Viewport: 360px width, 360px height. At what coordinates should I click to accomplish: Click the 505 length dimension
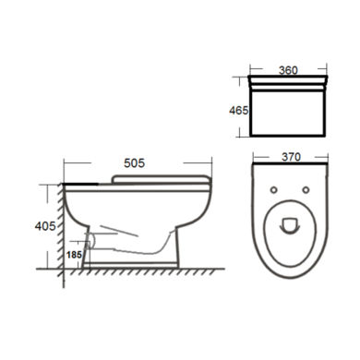click(134, 163)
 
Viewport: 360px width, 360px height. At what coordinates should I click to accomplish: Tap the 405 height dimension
click(45, 226)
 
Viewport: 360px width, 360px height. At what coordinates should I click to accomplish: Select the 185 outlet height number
click(74, 255)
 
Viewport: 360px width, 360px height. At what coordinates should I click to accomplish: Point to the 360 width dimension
click(288, 70)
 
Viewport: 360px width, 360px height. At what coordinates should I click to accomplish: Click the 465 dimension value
click(238, 110)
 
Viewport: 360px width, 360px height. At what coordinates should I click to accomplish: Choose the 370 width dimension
click(291, 157)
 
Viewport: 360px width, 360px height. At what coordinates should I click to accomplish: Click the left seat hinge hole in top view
click(274, 190)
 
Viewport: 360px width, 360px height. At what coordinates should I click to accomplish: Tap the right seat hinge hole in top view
click(306, 190)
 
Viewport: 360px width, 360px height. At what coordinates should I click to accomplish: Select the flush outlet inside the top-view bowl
click(290, 225)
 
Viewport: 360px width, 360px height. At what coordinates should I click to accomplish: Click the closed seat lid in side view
click(161, 179)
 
